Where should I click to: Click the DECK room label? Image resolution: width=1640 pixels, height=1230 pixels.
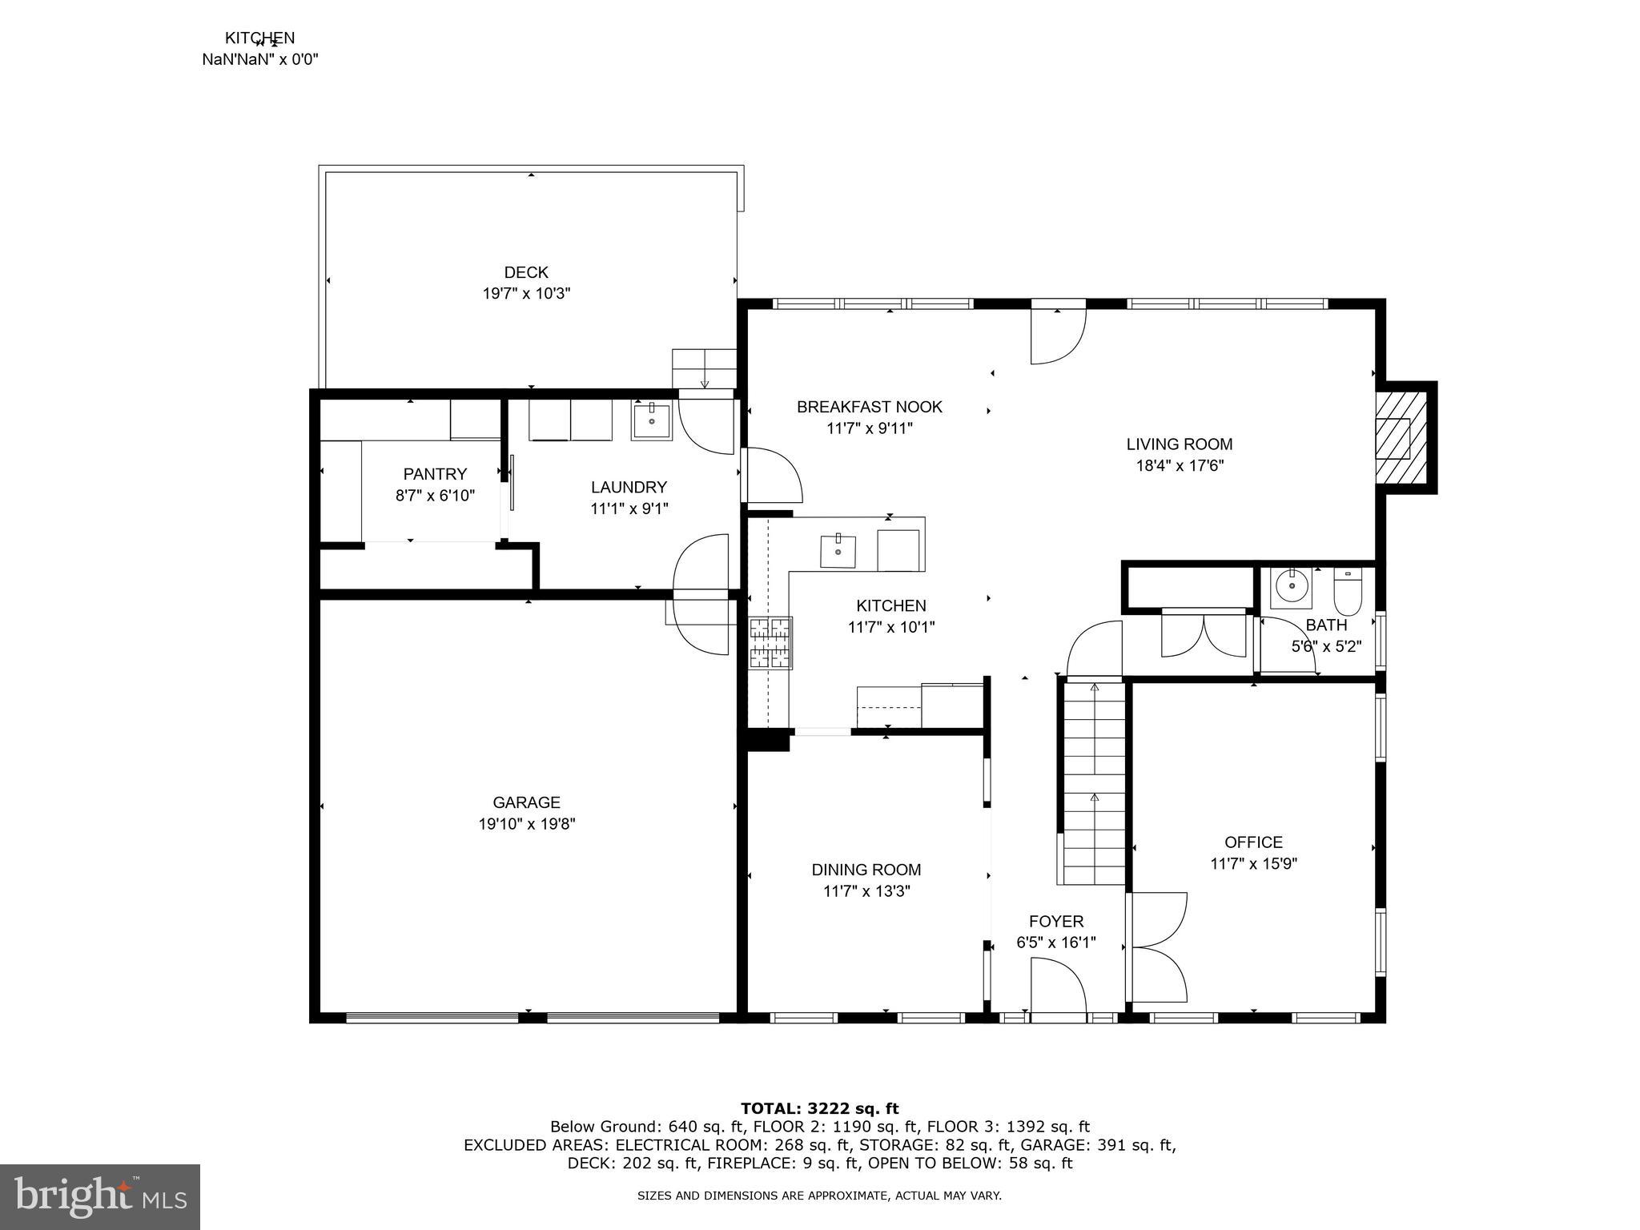pos(526,272)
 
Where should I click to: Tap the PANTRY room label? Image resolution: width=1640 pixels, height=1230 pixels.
pos(435,474)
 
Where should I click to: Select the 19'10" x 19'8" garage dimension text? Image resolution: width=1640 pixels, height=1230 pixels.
pos(526,823)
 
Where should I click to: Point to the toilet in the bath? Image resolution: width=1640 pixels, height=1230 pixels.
pos(1348,592)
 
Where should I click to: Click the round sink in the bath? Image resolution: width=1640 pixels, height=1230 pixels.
pos(1291,588)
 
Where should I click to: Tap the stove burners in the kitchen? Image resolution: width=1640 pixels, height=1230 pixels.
pos(770,642)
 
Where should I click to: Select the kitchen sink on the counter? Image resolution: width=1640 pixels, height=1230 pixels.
pos(838,551)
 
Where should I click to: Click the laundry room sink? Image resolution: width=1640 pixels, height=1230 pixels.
pos(650,421)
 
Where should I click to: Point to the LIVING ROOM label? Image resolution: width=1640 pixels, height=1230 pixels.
pos(1179,444)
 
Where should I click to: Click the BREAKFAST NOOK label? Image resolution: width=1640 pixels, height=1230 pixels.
pos(869,407)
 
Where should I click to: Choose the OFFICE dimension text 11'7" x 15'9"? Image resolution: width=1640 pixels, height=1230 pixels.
pos(1253,863)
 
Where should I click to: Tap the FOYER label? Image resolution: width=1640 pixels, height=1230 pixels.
pos(1056,921)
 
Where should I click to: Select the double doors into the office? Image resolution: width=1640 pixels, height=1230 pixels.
pos(1157,947)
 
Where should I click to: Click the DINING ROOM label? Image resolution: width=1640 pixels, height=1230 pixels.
pos(866,870)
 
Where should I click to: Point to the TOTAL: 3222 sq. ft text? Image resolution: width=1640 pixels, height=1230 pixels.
pos(819,1108)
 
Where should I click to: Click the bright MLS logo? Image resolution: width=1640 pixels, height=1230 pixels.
pos(100,1196)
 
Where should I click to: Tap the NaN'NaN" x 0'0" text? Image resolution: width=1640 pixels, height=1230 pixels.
pos(259,58)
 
